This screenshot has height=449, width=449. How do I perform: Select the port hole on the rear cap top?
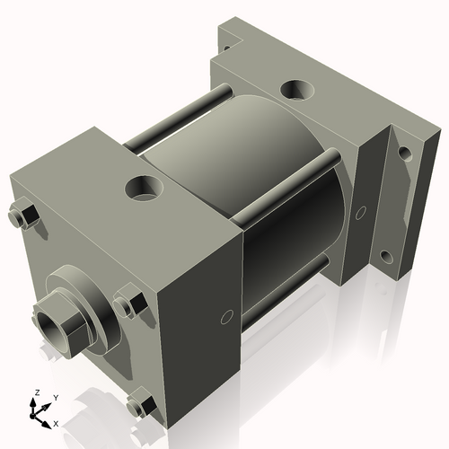click(297, 91)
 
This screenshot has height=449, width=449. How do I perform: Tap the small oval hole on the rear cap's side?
click(361, 213)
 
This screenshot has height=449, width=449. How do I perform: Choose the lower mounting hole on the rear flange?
click(387, 257)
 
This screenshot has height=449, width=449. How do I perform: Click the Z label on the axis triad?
click(36, 392)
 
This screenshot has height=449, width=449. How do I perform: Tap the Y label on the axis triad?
click(55, 396)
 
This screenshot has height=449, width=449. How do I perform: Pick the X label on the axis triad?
click(56, 422)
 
